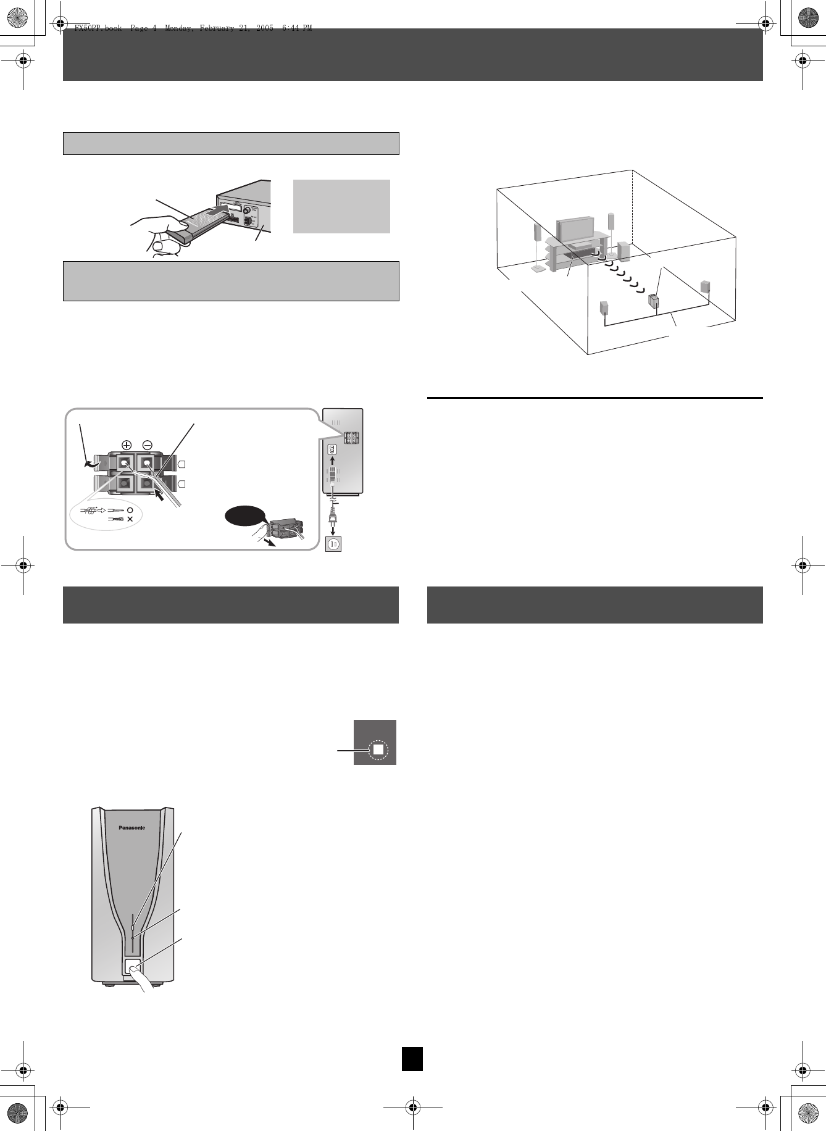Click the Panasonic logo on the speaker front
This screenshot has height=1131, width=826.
(131, 828)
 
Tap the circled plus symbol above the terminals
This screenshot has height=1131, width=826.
(127, 444)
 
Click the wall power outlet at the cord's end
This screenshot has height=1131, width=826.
(333, 544)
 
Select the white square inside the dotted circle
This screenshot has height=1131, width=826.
(378, 749)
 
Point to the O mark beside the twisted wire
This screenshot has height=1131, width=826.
(130, 511)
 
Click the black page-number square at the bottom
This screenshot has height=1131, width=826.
(412, 1058)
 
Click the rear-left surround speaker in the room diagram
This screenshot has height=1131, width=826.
(605, 308)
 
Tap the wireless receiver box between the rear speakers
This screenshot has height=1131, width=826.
(654, 302)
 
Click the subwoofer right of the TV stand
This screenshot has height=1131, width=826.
(624, 249)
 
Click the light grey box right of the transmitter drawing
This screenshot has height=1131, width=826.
(341, 206)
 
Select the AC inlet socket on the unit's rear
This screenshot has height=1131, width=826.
(332, 449)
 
